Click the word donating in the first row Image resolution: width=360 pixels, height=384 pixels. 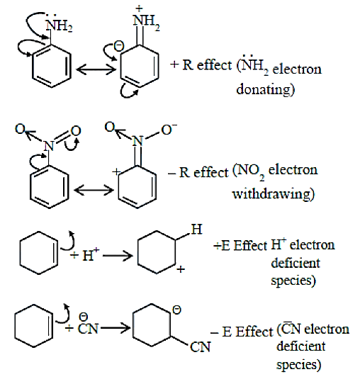tap(265, 89)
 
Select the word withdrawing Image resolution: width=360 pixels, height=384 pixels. tap(273, 194)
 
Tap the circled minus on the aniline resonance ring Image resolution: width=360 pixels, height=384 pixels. tap(119, 46)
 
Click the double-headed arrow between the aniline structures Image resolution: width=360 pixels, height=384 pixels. tap(96, 69)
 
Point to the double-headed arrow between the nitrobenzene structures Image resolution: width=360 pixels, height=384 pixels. tap(94, 190)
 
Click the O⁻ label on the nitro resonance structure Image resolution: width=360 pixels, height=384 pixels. tap(169, 130)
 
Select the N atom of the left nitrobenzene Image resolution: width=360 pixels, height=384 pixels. tap(49, 146)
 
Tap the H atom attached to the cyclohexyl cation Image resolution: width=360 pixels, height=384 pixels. tap(196, 230)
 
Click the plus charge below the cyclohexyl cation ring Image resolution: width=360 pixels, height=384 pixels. tap(181, 269)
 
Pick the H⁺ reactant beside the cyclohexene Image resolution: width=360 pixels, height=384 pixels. tap(91, 254)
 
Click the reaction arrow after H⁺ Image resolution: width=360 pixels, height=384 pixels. tap(118, 256)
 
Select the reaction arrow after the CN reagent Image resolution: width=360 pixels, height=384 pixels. tap(115, 327)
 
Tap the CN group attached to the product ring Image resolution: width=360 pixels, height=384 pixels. tap(200, 347)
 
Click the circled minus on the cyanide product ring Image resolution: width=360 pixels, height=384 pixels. tap(176, 310)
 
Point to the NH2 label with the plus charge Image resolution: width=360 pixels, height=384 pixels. tap(146, 19)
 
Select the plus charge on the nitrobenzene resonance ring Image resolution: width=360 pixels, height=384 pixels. tap(116, 171)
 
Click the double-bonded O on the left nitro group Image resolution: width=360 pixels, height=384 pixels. tap(76, 131)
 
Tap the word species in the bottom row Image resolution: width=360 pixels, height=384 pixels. tap(299, 364)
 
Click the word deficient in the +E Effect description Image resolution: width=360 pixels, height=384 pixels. tap(296, 264)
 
